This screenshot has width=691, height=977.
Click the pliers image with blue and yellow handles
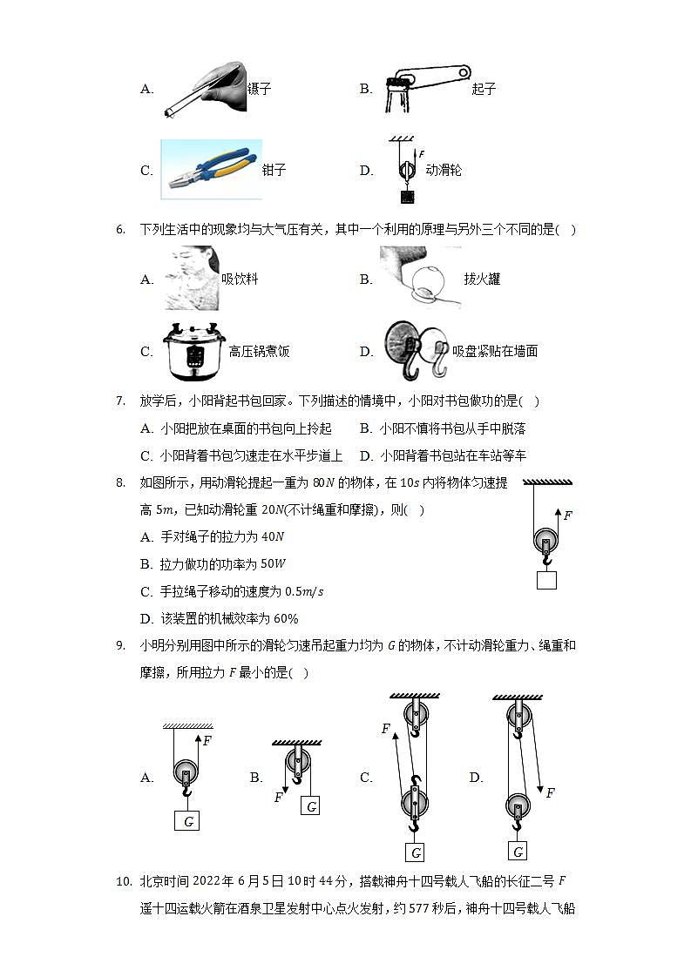[211, 170]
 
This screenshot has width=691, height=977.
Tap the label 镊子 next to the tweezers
[260, 89]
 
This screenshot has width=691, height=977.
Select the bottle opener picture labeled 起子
[425, 89]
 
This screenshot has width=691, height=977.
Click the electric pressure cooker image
[193, 352]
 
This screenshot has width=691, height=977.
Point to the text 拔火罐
[482, 280]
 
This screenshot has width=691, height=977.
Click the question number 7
[122, 401]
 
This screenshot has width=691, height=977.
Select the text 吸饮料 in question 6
[240, 280]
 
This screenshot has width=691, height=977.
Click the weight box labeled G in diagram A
[187, 820]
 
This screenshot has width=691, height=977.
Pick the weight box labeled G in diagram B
[311, 805]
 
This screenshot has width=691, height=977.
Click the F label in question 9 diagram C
[385, 729]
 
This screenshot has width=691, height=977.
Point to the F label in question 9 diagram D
[550, 793]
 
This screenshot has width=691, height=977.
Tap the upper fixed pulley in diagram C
[415, 717]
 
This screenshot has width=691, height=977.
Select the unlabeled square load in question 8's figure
[546, 579]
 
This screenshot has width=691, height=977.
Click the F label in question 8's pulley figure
[567, 515]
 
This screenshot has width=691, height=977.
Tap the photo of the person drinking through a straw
[192, 279]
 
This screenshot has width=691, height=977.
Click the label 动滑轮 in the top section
[444, 171]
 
